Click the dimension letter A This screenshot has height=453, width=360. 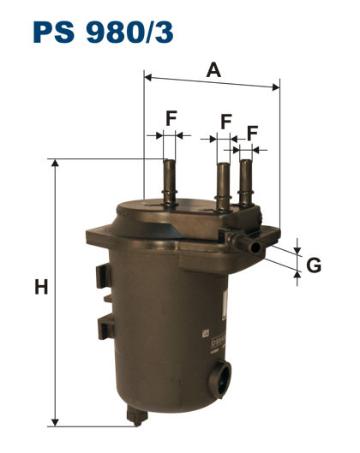[213, 70]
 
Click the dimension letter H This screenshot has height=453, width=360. [40, 288]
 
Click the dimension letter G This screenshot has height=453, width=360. [315, 265]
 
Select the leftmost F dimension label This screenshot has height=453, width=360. [171, 119]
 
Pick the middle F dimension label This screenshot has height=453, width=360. [225, 122]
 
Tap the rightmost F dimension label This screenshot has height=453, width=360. [254, 132]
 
